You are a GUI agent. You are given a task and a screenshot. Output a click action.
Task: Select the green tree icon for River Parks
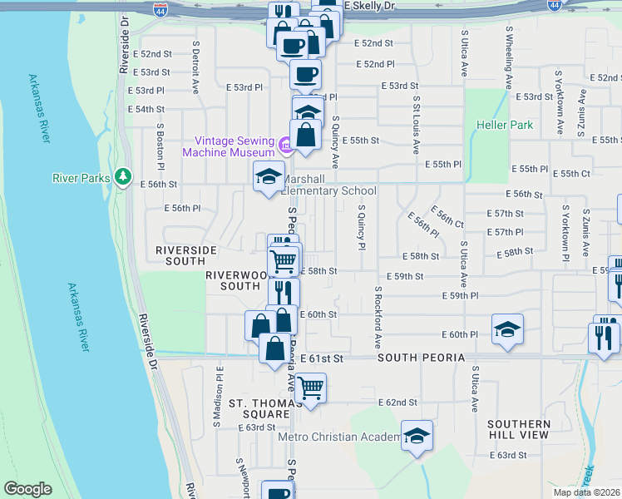[123, 176]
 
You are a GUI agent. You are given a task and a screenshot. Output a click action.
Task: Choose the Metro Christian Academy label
[339, 437]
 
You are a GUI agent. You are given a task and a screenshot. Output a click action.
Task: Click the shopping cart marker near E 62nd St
[310, 388]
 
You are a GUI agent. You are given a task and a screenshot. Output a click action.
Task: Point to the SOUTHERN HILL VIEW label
[518, 429]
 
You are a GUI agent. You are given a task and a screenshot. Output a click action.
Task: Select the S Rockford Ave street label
[378, 318]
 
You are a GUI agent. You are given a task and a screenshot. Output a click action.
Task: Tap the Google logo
[27, 489]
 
